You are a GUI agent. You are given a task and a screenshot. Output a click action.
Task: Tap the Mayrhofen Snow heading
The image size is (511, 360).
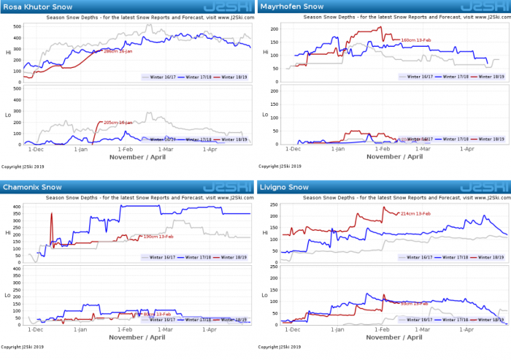pos(288,7)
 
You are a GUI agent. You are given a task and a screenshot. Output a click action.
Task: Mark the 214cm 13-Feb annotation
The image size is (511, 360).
pos(415,213)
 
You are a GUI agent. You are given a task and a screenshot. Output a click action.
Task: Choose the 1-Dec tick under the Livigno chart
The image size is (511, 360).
pos(293,330)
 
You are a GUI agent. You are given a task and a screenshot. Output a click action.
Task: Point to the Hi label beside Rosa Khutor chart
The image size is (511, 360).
pos(8,53)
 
